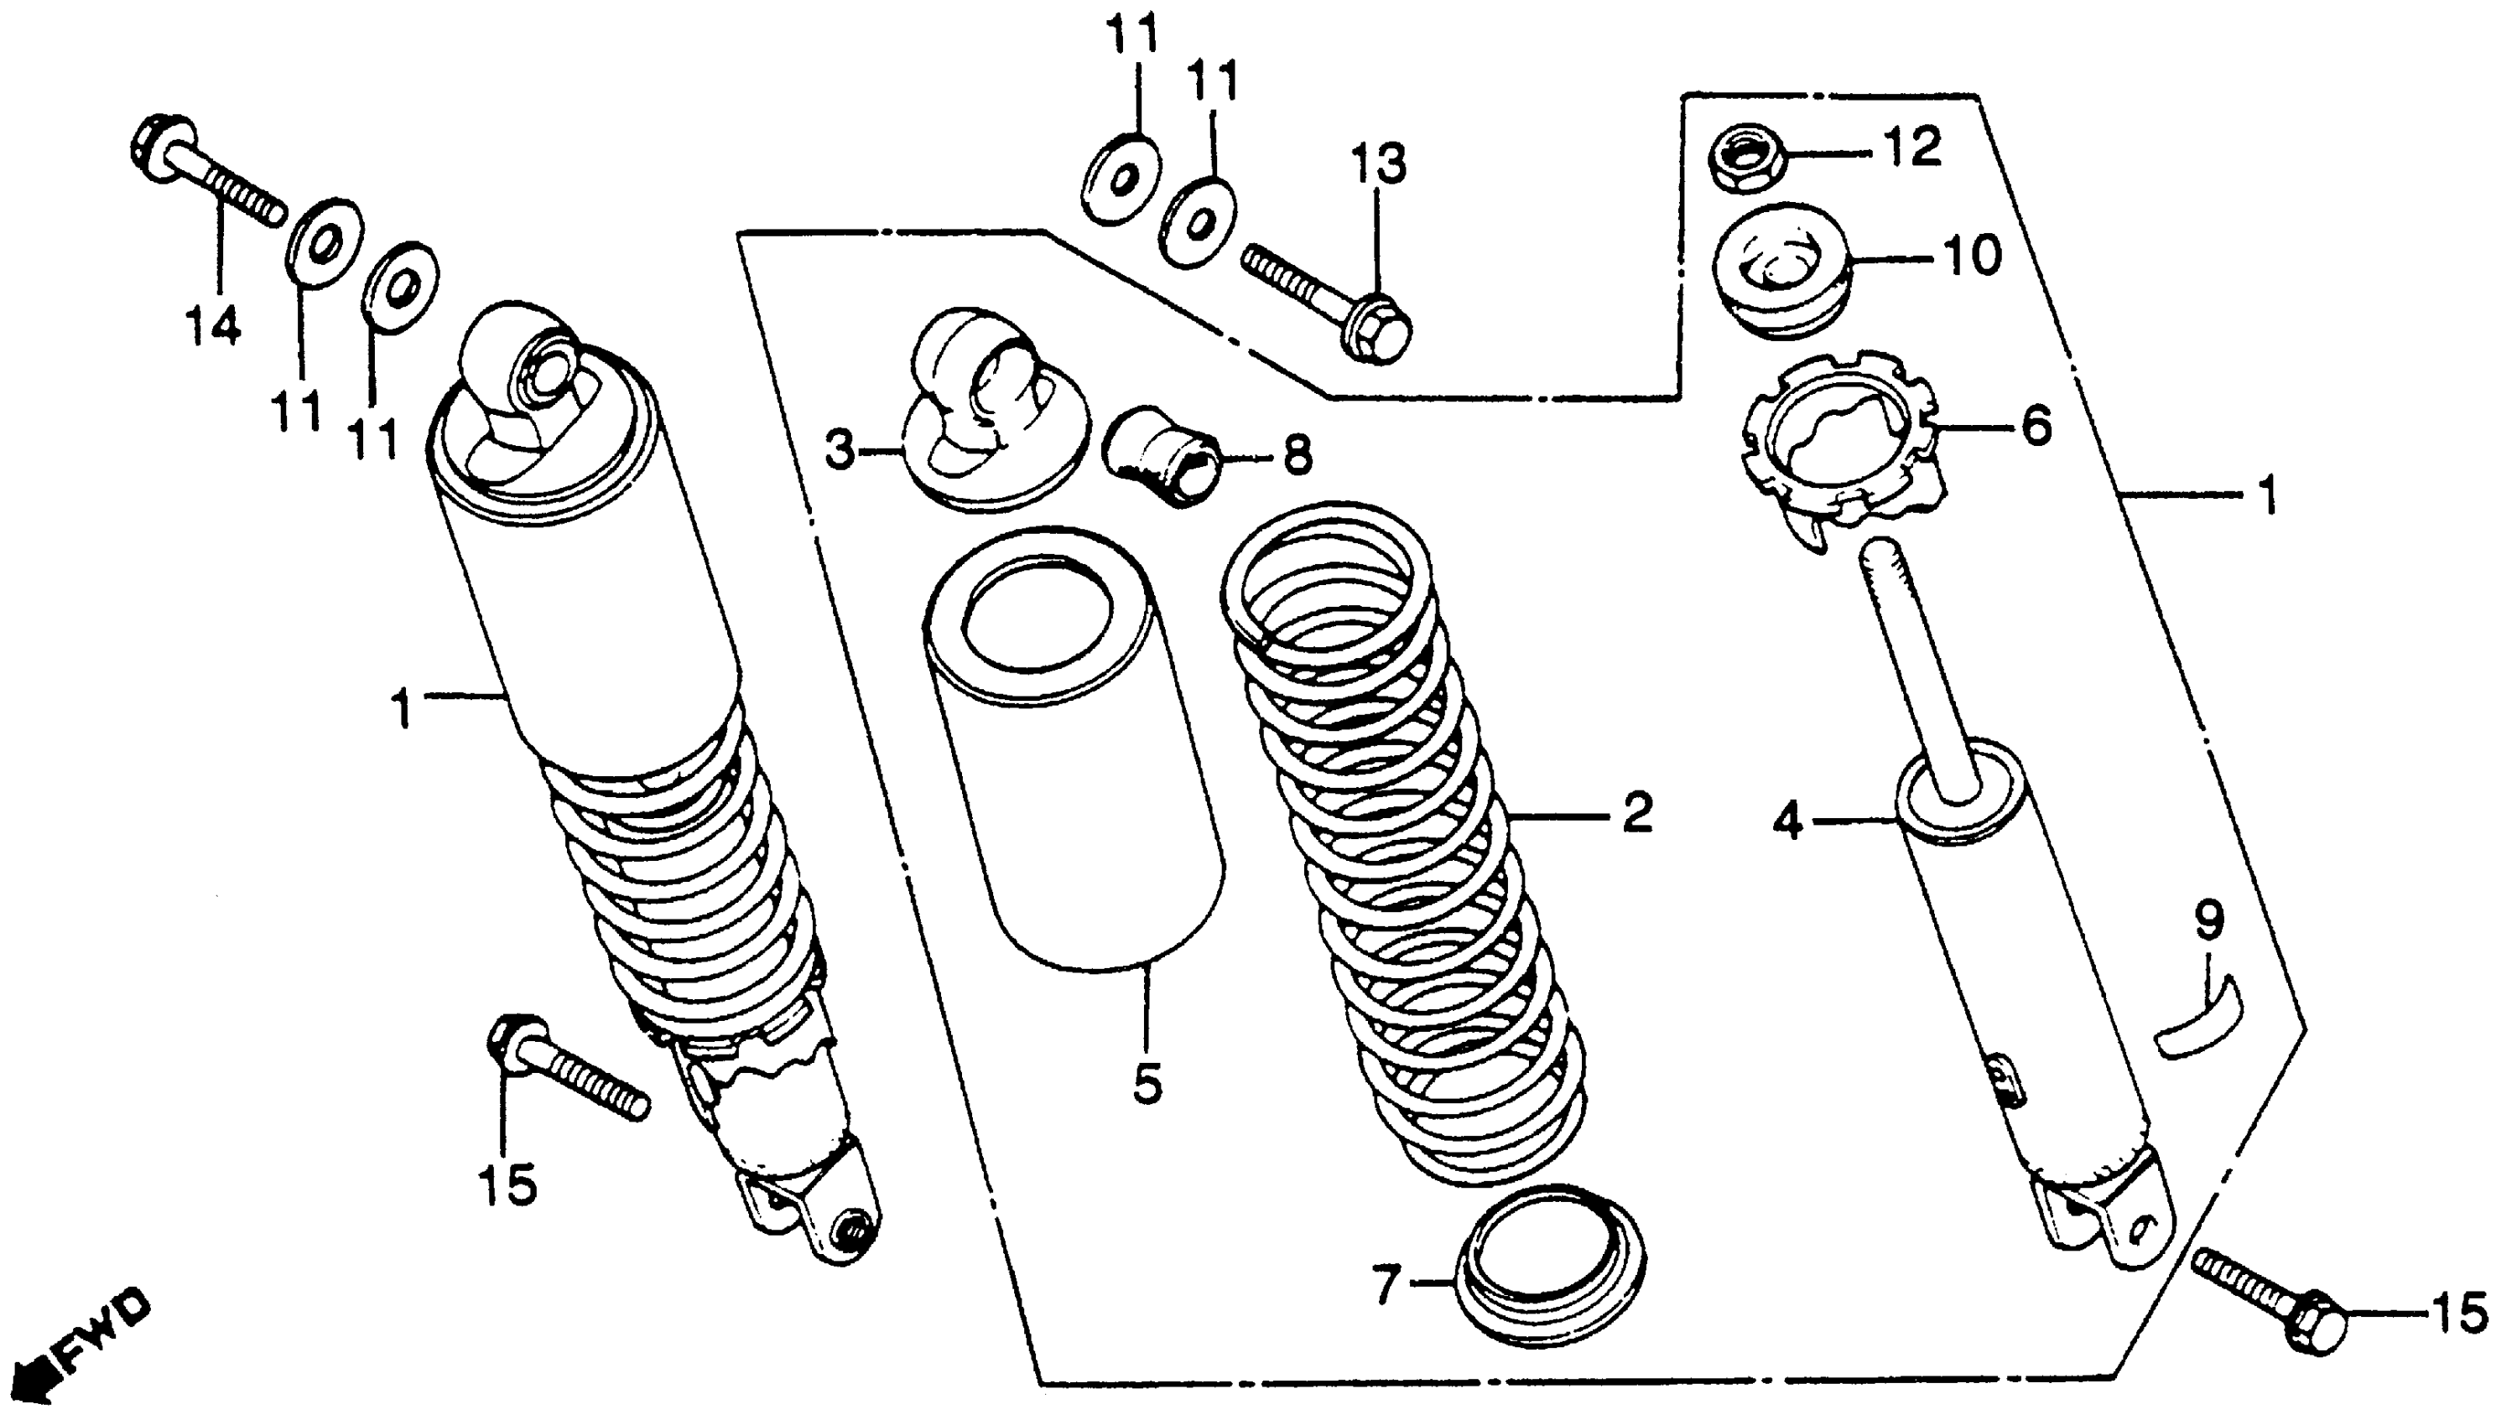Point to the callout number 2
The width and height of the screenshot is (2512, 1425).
click(x=1637, y=812)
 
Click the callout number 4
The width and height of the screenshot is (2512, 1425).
click(x=1786, y=822)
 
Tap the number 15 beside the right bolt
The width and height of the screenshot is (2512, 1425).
click(x=2460, y=1314)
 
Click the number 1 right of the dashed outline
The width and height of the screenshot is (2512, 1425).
click(x=2266, y=496)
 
